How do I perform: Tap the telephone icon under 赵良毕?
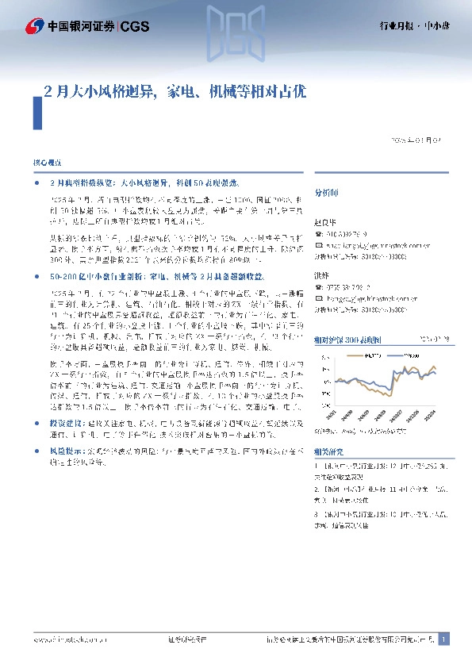tap(318, 234)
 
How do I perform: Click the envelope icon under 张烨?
tap(318, 298)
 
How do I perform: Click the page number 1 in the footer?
tap(444, 639)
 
